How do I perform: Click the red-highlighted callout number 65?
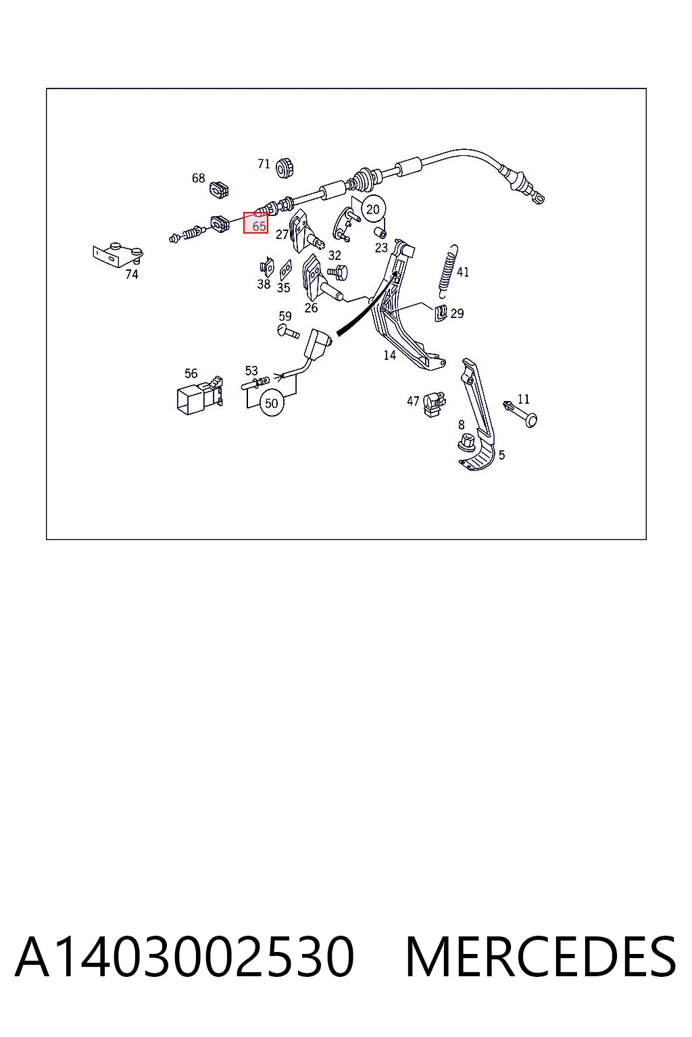[x=259, y=226]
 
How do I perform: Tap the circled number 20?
[x=373, y=210]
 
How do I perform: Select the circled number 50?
[x=272, y=403]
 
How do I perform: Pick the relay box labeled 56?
[x=200, y=394]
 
